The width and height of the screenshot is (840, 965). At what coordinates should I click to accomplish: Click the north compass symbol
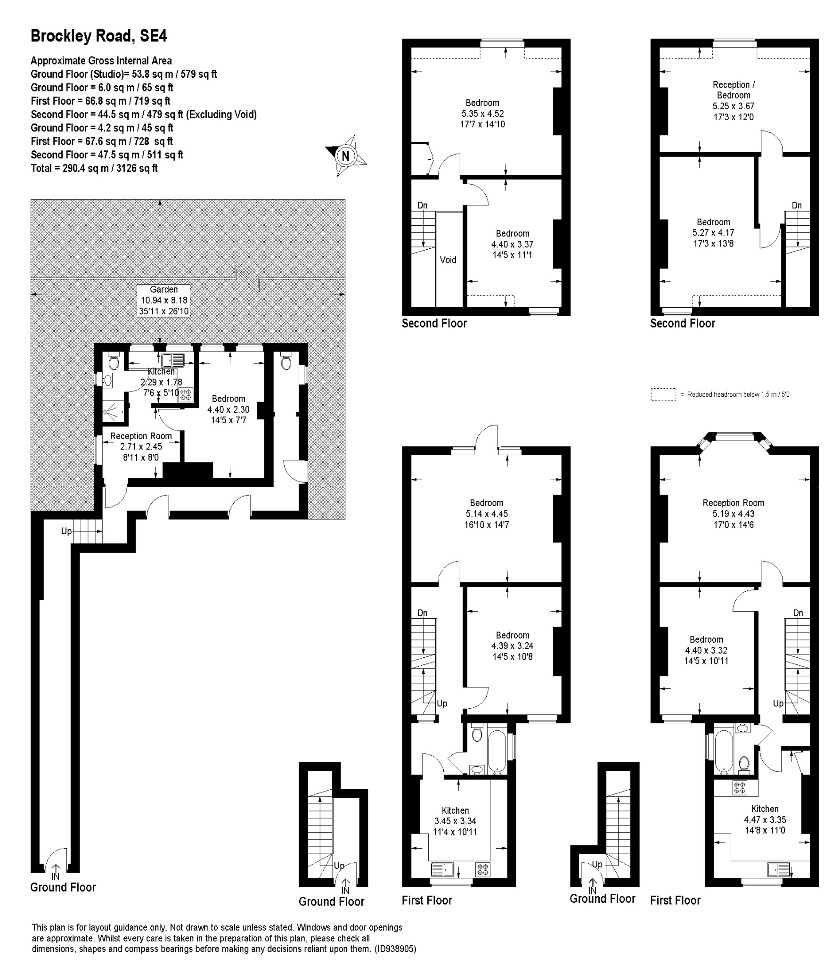coord(346,155)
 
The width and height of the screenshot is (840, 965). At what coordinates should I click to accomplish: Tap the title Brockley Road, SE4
coord(98,36)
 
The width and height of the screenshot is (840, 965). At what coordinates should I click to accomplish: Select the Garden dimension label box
coord(164,300)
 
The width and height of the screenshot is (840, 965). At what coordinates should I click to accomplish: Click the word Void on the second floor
coord(448,260)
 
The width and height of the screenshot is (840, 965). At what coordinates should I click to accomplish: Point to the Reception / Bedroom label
coord(734,100)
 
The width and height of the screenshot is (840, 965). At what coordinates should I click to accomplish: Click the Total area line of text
coord(94,168)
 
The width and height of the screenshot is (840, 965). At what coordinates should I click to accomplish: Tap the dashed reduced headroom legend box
coord(663,394)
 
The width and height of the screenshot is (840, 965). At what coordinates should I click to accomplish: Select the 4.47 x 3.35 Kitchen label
coord(765,819)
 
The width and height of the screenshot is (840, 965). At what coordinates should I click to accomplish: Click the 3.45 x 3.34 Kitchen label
coord(455,821)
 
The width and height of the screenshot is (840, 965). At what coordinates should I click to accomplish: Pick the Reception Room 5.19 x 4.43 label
coord(734,514)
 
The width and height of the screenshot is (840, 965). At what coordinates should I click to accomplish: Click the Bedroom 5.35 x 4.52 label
coord(482,114)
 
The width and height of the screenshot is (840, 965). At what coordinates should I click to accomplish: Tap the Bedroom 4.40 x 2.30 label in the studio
coord(228,409)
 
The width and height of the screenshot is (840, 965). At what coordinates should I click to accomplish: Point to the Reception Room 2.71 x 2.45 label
coord(141,447)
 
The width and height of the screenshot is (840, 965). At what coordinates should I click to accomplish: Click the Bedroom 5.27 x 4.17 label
coord(713,233)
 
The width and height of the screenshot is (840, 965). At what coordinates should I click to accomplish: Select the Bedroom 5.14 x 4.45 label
coord(486,514)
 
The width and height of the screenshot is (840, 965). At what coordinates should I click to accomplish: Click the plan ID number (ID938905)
coord(396,949)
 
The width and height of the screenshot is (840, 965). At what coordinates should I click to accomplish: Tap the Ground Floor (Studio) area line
coord(124,74)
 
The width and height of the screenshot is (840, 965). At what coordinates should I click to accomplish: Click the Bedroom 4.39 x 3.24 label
coord(513,646)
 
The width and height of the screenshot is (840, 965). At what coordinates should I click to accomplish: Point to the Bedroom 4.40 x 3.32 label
coord(706,650)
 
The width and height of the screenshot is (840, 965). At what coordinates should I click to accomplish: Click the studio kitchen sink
coord(173,360)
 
